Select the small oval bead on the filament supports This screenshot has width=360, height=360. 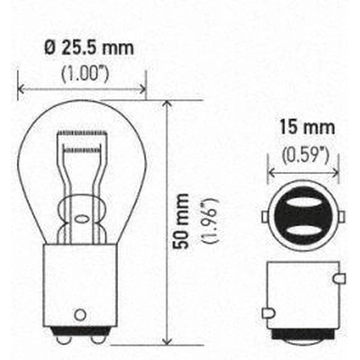84,216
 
